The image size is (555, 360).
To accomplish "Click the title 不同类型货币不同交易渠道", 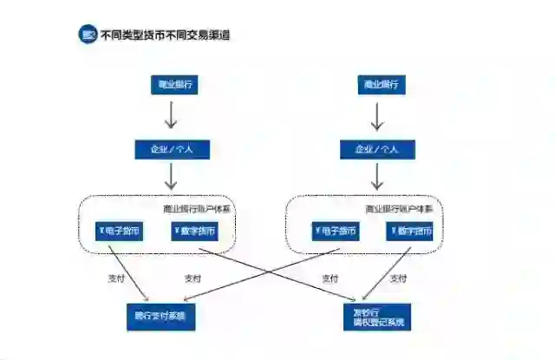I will click(165, 36).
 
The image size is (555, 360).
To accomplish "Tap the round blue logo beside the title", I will click(88, 36).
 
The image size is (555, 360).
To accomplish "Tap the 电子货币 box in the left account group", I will click(119, 232).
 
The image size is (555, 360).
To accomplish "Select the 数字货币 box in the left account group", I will click(194, 232).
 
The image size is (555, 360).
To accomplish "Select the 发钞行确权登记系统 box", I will click(378, 317).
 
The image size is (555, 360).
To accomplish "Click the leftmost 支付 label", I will click(116, 279).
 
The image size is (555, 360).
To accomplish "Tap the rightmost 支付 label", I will click(398, 279).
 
